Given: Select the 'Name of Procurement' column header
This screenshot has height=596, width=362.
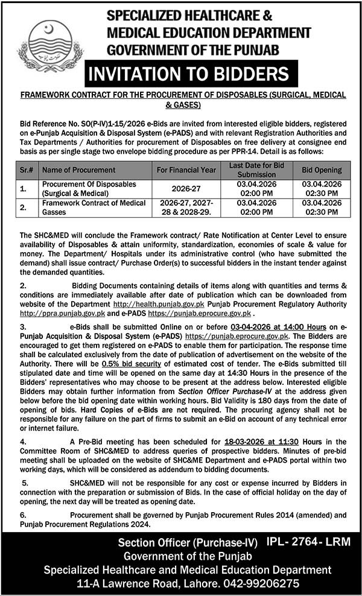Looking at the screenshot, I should (x=71, y=170).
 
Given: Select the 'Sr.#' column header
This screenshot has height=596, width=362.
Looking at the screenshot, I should (x=27, y=170).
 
